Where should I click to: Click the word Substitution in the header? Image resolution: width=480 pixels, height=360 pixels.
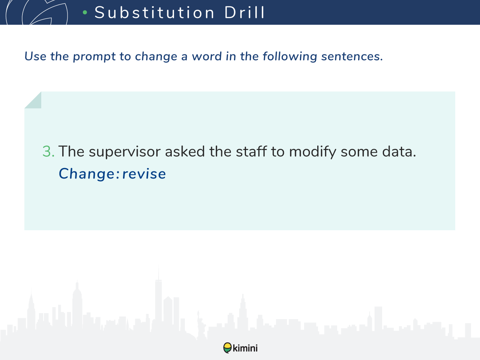click(154, 12)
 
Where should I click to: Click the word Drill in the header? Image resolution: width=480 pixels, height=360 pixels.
click(244, 12)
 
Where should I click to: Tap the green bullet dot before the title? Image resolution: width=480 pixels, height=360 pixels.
click(85, 12)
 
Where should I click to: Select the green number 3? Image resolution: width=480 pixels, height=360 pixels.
click(48, 151)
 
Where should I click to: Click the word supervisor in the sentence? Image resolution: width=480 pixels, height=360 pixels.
click(124, 152)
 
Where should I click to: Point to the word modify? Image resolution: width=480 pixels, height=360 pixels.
click(313, 151)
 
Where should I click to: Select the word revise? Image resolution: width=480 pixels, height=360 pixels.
click(144, 174)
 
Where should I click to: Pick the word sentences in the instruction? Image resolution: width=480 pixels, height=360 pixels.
click(352, 56)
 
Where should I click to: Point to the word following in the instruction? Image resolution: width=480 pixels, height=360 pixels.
click(289, 56)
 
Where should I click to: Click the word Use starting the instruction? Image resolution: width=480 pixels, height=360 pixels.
click(35, 56)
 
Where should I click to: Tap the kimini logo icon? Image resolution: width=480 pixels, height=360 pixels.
click(227, 348)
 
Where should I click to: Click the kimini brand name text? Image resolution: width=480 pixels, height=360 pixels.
click(245, 348)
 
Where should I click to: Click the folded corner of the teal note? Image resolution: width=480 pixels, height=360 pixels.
click(35, 102)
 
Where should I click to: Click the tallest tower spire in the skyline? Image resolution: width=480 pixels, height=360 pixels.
click(159, 272)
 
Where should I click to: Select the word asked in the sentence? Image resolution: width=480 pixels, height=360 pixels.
click(185, 151)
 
